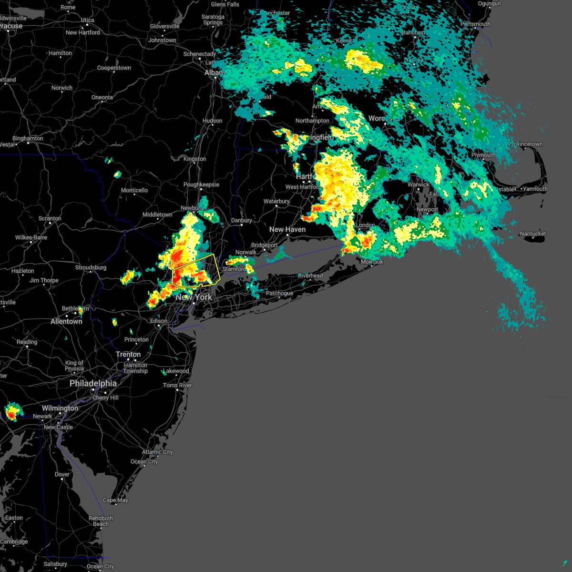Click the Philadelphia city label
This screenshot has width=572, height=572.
point(93,383)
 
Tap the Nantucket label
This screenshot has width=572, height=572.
point(533,234)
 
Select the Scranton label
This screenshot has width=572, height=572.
point(50,218)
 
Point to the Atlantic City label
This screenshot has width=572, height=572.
point(157,452)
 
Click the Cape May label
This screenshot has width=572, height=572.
point(115,500)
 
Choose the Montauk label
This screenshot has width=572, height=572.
point(372,262)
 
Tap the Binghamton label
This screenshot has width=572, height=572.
point(28,138)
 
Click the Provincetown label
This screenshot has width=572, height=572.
point(525,144)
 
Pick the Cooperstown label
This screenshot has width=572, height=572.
point(114,68)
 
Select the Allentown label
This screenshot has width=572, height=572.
point(66,321)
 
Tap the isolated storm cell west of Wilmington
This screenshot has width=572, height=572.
point(12,411)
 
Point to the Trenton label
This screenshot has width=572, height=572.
point(128,354)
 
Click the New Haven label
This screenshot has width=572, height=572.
point(287,229)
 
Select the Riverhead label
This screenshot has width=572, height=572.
point(310,276)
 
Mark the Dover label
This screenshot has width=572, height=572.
point(62,474)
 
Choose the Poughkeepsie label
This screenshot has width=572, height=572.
point(201,184)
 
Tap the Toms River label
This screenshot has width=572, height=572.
point(177,385)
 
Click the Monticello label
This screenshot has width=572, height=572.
point(134,190)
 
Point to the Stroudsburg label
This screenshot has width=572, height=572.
point(91,267)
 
